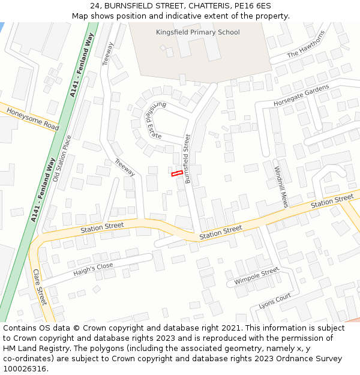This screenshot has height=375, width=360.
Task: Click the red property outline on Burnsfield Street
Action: tap(177, 174)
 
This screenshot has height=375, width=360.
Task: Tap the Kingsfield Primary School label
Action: tap(197, 32)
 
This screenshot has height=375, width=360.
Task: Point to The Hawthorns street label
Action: tap(306, 44)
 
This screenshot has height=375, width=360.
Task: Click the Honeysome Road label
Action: tap(32, 118)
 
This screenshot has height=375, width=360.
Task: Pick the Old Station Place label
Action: tap(62, 158)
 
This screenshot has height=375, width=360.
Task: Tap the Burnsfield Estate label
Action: tap(152, 121)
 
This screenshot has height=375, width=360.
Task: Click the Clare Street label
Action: tap(40, 287)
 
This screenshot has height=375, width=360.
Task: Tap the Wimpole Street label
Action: tap(256, 277)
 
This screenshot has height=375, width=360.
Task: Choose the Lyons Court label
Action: tap(275, 301)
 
